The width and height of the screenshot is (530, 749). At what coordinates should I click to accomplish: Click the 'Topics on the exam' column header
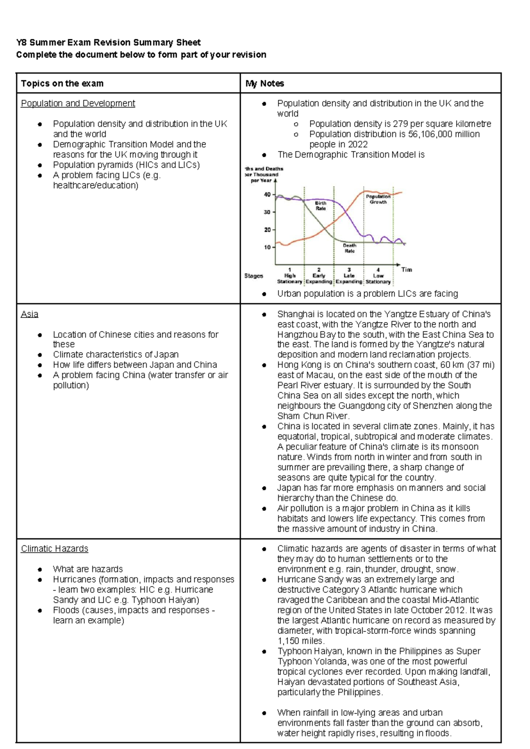pyautogui.click(x=62, y=83)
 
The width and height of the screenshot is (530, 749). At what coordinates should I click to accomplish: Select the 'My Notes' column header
pyautogui.click(x=265, y=83)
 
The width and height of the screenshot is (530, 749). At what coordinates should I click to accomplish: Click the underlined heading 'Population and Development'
pyautogui.click(x=78, y=103)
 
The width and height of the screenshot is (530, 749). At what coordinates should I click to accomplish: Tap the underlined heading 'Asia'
pyautogui.click(x=30, y=314)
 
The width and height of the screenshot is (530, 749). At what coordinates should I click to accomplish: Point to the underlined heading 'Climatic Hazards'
pyautogui.click(x=55, y=549)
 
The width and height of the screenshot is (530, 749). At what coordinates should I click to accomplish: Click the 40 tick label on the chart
pyautogui.click(x=267, y=194)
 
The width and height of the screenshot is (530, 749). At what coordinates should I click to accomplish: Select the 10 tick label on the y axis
pyautogui.click(x=267, y=247)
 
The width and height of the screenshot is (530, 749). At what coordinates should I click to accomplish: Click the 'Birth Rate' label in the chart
pyautogui.click(x=321, y=206)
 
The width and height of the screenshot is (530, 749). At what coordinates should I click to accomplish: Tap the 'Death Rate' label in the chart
pyautogui.click(x=349, y=248)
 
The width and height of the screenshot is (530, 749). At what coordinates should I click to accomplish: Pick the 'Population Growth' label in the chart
pyautogui.click(x=378, y=199)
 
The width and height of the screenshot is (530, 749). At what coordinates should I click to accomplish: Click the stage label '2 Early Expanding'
pyautogui.click(x=319, y=276)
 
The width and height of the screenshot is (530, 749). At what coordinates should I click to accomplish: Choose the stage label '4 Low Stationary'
pyautogui.click(x=378, y=276)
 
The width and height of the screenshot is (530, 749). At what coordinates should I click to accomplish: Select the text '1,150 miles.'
pyautogui.click(x=301, y=641)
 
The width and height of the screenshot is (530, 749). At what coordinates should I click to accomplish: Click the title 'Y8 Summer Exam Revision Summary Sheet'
pyautogui.click(x=108, y=42)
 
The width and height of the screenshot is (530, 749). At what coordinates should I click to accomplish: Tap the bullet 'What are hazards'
pyautogui.click(x=88, y=569)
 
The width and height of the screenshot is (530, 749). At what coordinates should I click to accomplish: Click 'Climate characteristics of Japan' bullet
pyautogui.click(x=116, y=355)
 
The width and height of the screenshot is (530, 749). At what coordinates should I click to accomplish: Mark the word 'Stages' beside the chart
pyautogui.click(x=254, y=276)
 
